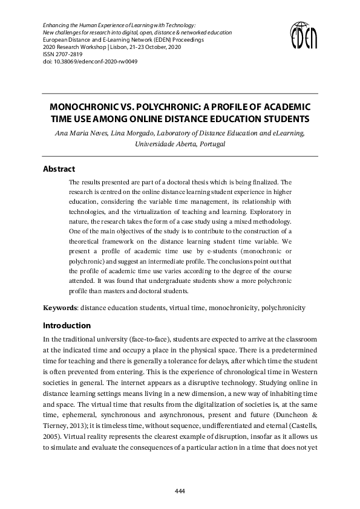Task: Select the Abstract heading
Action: point(59,169)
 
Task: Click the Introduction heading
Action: point(67,325)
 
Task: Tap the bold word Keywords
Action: point(60,308)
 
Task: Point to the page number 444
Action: point(180,491)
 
